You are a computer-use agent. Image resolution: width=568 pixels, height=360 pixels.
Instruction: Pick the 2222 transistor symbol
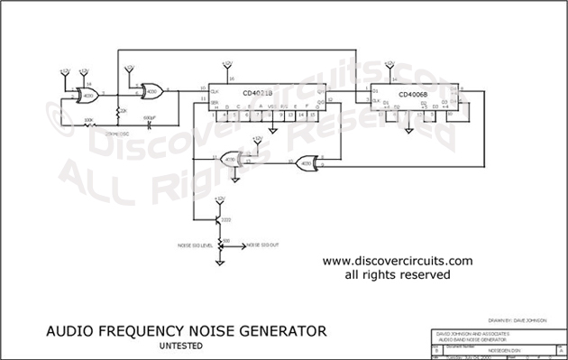click(218, 219)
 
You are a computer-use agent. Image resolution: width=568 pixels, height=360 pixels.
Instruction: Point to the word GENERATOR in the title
click(279, 331)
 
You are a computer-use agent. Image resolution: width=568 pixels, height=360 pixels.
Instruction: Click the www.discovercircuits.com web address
click(397, 261)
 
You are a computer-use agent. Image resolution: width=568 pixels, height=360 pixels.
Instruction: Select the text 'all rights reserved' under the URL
click(397, 274)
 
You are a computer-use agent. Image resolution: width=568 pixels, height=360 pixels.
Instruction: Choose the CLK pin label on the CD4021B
click(215, 91)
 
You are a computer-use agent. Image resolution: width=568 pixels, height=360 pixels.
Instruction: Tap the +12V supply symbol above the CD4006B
click(389, 64)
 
